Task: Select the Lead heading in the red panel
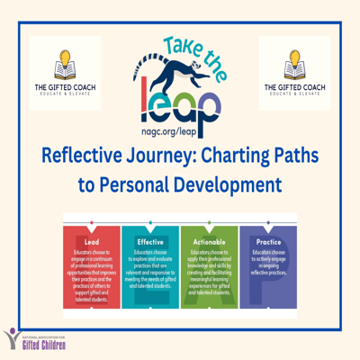coord(91,242)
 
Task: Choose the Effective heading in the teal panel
coord(150,242)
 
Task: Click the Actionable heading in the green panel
coord(209,242)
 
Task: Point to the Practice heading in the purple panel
coord(268,242)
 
